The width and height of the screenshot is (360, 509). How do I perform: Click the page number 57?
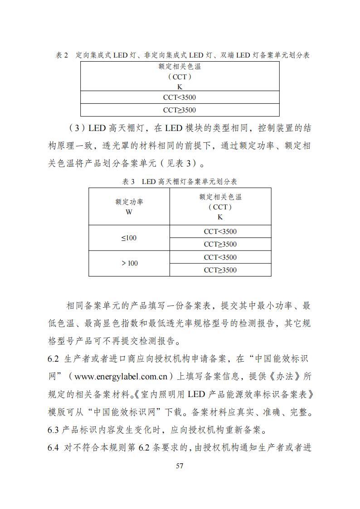180,466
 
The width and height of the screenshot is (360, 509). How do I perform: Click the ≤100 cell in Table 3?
129,238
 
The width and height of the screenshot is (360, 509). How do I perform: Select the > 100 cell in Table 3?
129,263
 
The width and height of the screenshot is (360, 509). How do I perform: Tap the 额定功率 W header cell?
129,207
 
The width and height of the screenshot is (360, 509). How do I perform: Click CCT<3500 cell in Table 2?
180,97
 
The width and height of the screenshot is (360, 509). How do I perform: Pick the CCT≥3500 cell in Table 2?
180,110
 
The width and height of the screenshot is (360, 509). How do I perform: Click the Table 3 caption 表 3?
129,182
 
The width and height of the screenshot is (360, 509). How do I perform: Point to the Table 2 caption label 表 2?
62,55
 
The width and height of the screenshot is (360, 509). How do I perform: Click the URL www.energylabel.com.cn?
122,376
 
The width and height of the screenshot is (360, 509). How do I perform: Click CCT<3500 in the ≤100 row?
220,232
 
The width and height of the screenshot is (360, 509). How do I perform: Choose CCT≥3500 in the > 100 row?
220,270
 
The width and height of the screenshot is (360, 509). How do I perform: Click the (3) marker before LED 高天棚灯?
76,128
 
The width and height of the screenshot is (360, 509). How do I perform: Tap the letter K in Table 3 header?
220,217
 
